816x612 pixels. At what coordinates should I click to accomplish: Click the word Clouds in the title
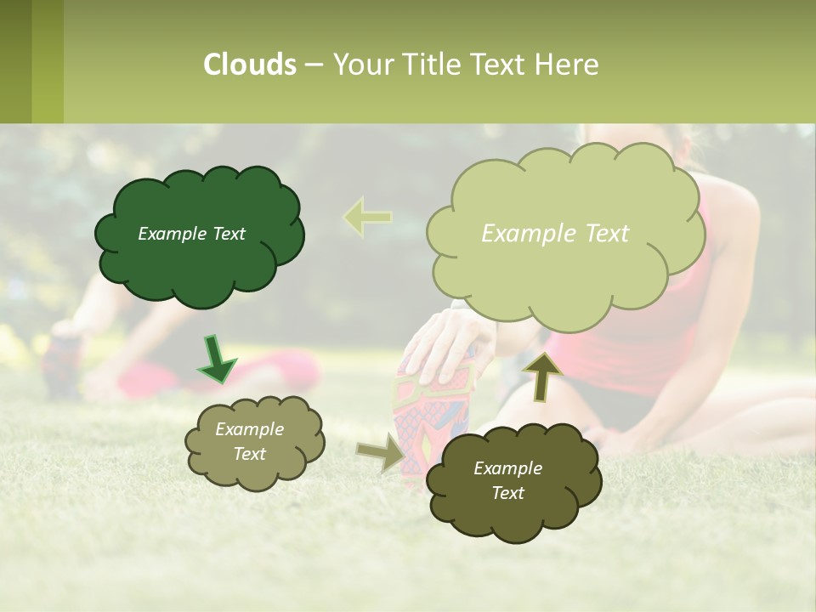249,64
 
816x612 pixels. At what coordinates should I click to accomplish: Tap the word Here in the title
569,64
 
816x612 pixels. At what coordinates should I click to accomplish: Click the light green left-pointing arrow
367,218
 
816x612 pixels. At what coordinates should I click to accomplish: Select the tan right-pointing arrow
382,452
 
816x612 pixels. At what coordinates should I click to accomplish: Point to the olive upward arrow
541,375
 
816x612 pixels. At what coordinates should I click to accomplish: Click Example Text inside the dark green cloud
191,234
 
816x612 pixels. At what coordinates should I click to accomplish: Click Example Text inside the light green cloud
555,234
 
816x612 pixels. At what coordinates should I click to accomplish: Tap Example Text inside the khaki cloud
249,441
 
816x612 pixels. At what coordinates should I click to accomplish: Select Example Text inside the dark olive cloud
507,480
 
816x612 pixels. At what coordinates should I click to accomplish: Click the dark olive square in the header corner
15,61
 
